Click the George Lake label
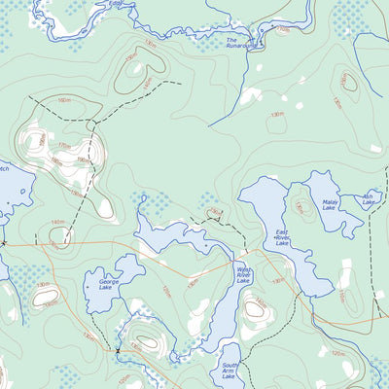point(101,284)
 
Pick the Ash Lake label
point(369,200)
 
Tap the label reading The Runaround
point(240,43)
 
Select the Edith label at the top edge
point(116,4)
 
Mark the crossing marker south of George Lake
point(118,350)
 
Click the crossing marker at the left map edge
point(4,242)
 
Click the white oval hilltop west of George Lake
point(46,298)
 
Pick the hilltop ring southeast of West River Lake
point(255,309)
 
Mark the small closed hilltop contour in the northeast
point(348,84)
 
